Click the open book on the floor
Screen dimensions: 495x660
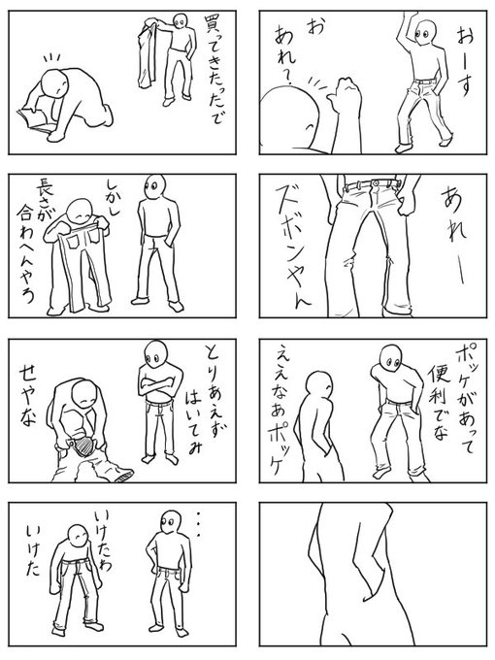pos(34,120)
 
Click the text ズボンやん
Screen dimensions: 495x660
pos(291,247)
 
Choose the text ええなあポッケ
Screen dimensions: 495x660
pos(278,409)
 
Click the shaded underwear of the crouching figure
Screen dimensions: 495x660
pos(83,445)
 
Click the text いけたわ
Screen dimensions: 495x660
pos(103,541)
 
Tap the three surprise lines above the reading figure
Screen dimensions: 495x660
pos(52,57)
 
